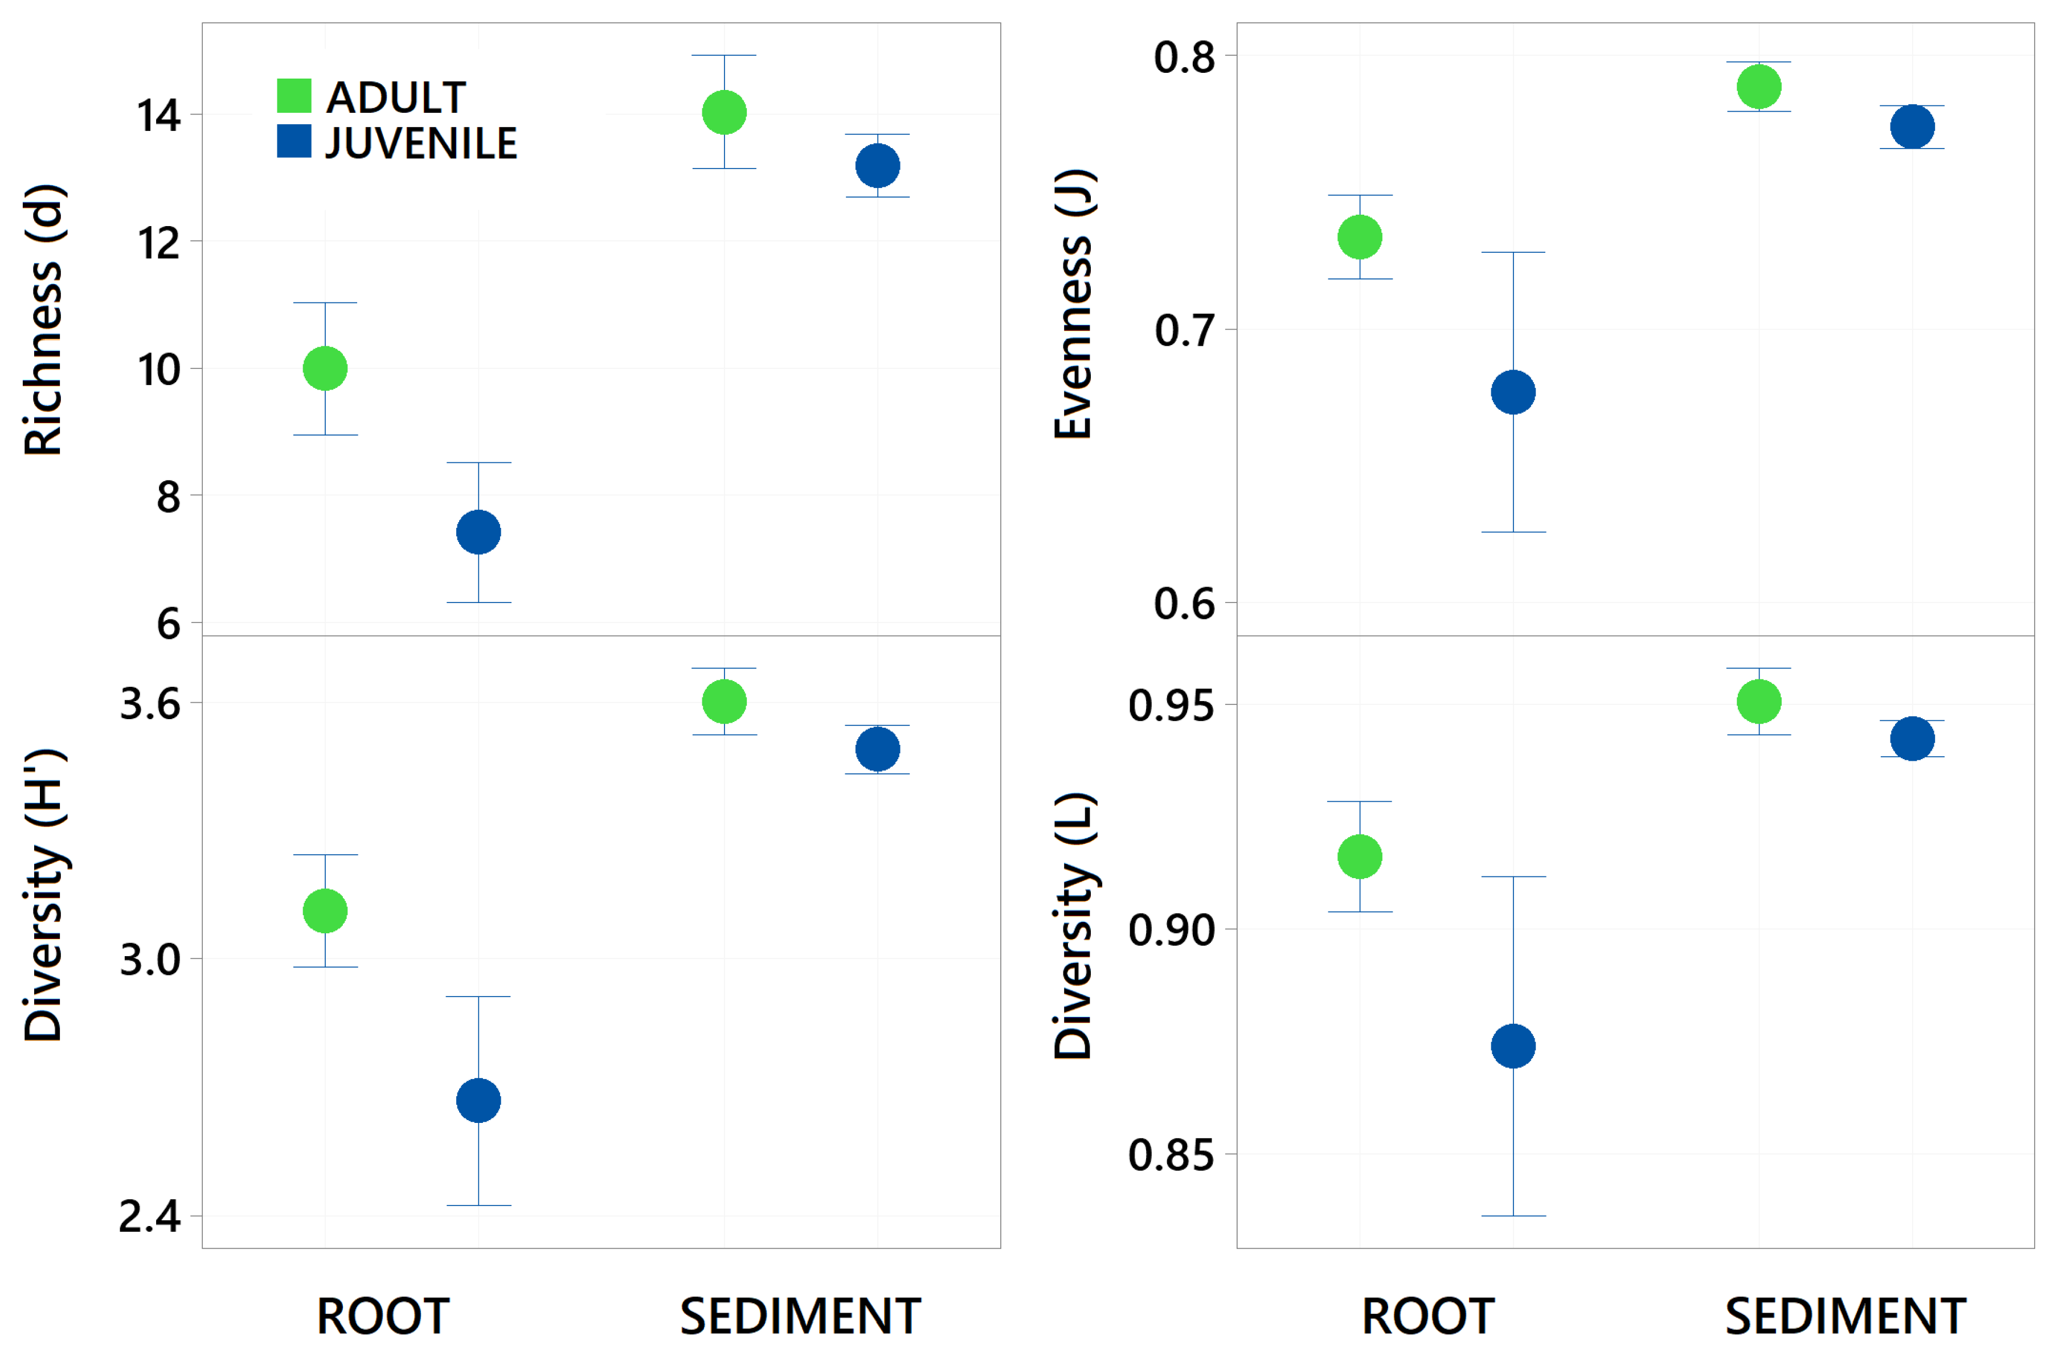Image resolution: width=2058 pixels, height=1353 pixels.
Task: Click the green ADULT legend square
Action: pos(293,96)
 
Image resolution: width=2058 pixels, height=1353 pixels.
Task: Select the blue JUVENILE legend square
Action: pos(293,142)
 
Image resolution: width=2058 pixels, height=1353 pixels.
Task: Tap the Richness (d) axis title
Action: pos(43,320)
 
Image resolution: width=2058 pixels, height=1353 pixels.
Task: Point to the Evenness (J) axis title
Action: pos(1074,304)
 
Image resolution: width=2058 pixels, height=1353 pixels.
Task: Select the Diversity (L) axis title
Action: pos(1074,925)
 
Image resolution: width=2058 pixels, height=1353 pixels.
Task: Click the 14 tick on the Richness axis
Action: pos(159,116)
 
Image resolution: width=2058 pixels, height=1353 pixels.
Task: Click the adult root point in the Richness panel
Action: pos(325,369)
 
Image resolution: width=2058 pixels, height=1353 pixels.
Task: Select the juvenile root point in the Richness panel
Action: pos(478,532)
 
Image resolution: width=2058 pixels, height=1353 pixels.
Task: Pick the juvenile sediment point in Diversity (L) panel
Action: pos(1912,739)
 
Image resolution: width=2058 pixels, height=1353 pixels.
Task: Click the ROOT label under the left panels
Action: pos(383,1317)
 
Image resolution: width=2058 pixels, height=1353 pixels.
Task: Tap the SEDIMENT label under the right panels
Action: pos(1846,1317)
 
